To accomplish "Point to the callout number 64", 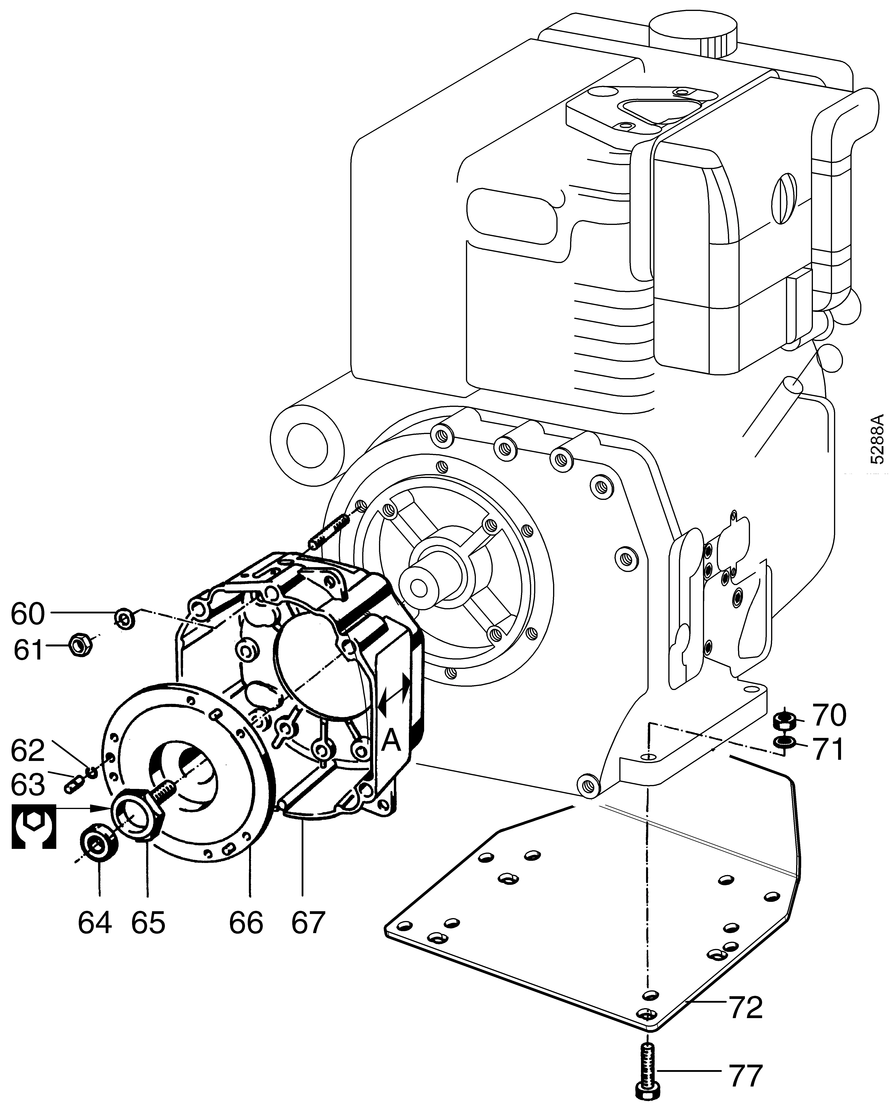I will [95, 923].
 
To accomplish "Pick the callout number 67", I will [309, 923].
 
